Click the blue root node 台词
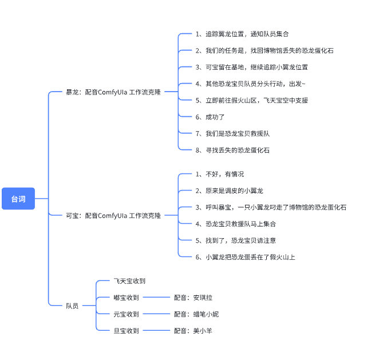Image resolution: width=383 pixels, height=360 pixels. [x=18, y=199]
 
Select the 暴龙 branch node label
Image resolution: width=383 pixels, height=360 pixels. [x=113, y=92]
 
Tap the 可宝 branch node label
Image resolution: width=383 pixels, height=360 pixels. [x=113, y=216]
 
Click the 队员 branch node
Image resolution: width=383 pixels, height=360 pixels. [x=72, y=306]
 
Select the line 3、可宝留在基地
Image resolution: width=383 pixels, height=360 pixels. [x=251, y=67]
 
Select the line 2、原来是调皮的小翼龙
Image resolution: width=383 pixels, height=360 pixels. [x=229, y=191]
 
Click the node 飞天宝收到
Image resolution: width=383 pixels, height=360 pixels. [x=129, y=281]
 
